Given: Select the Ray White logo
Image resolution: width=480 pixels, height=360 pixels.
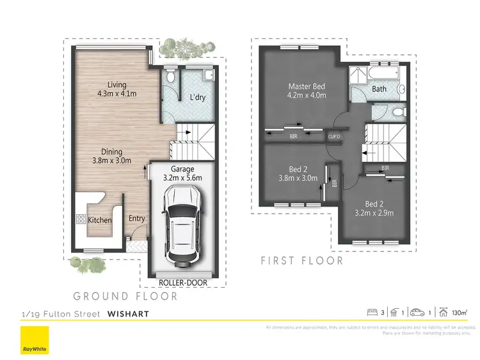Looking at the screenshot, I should [29, 341].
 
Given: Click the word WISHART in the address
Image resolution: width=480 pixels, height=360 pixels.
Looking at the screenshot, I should [129, 313].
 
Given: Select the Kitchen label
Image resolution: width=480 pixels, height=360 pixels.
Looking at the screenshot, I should [100, 220].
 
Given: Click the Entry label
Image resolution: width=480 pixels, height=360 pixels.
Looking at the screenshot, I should [136, 218].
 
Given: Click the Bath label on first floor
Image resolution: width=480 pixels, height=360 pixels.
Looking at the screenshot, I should [379, 89].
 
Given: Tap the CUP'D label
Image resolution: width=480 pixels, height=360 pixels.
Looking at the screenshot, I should [334, 136].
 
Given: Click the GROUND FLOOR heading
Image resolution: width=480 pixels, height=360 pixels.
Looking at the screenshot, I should [125, 296].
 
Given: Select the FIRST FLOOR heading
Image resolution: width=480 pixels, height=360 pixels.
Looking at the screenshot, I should [302, 261].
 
